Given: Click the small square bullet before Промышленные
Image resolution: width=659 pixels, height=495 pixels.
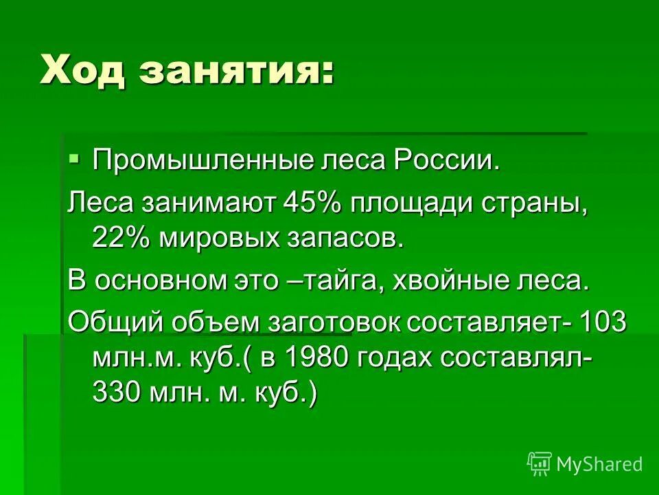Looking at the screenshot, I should (74, 158).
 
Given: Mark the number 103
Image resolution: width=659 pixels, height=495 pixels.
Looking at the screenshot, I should (603, 322).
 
